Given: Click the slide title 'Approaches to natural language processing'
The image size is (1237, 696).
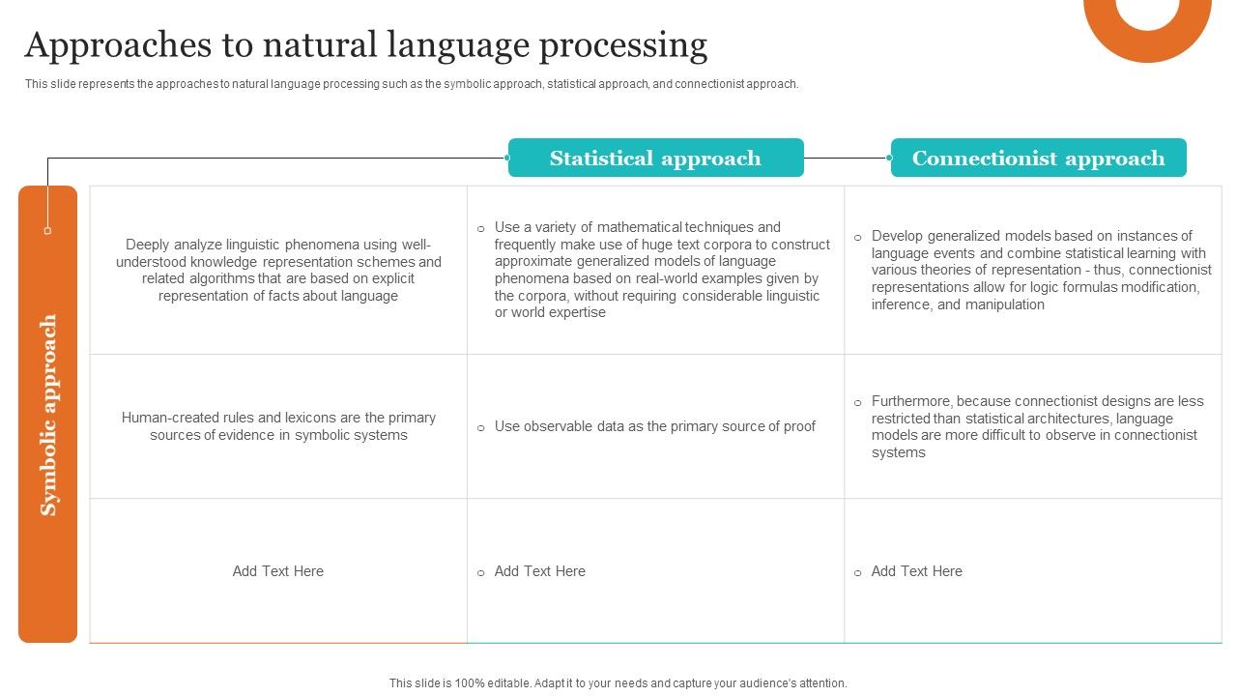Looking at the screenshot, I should point(365,45).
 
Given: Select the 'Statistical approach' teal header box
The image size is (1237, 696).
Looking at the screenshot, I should point(655,159).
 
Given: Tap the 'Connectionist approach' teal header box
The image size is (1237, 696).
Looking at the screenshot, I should point(1038,159).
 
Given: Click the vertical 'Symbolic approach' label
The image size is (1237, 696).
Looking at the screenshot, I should point(48,416).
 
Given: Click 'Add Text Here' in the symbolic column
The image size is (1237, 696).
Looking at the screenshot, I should point(278,571).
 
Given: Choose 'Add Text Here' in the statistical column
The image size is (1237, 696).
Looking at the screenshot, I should point(539,571).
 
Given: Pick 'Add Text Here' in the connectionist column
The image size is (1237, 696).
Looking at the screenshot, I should point(916,571).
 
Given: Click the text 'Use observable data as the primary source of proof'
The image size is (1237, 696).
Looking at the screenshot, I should point(654,426).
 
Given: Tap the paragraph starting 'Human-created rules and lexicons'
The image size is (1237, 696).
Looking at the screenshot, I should point(278,426).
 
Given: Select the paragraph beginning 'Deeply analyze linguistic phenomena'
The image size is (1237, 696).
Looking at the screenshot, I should point(278,271).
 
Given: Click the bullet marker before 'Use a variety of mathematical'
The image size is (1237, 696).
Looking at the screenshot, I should point(480,229).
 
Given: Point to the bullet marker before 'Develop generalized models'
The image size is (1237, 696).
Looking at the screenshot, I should point(857,238).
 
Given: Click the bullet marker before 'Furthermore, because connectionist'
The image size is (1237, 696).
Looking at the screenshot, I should point(857,403).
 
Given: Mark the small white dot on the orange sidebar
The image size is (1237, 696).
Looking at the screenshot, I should point(47,231).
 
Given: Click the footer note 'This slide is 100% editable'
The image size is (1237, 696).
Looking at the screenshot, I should point(618,682).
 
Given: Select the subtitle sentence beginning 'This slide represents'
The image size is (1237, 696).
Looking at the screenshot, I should point(412,84).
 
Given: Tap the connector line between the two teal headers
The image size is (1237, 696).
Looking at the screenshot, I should point(847,159).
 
